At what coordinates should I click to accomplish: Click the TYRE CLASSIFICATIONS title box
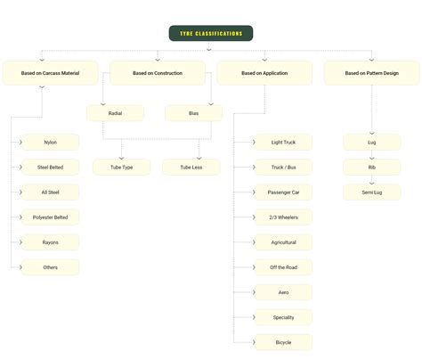point(210,33)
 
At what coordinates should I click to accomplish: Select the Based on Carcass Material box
point(50,73)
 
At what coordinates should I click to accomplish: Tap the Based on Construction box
point(157,73)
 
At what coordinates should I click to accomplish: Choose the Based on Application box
point(264,73)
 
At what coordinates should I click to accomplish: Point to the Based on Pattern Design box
point(371,73)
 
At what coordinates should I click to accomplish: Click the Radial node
point(115,113)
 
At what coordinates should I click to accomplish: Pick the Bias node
point(193,113)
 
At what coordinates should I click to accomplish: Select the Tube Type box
point(122,167)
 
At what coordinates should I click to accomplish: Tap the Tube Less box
point(191,167)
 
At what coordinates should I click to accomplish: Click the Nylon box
point(51,143)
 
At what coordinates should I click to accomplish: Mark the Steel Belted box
point(51,168)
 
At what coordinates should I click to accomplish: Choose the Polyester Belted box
point(51,217)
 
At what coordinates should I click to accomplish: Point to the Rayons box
point(51,242)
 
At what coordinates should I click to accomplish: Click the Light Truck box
point(283,143)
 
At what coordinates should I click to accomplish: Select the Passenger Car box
point(283,192)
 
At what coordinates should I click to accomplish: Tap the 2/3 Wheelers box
point(283,217)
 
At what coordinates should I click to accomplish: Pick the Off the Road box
point(283,267)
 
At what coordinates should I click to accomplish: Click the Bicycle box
point(283,342)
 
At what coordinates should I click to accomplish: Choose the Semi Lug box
point(371,192)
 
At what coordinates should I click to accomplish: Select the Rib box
point(371,168)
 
